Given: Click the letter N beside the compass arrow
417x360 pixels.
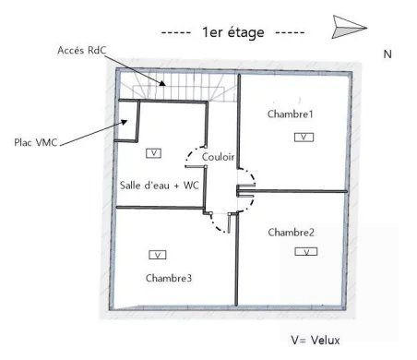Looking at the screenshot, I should pyautogui.click(x=387, y=54).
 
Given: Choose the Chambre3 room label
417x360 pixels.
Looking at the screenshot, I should pyautogui.click(x=169, y=277).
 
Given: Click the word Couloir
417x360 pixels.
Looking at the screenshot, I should pyautogui.click(x=218, y=156).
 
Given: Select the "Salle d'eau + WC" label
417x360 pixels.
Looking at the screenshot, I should pyautogui.click(x=161, y=185).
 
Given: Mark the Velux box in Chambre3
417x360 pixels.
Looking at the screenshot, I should pyautogui.click(x=157, y=254).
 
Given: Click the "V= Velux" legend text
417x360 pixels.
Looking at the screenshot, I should pyautogui.click(x=315, y=340).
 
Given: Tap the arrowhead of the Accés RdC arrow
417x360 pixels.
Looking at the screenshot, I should pyautogui.click(x=164, y=84).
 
